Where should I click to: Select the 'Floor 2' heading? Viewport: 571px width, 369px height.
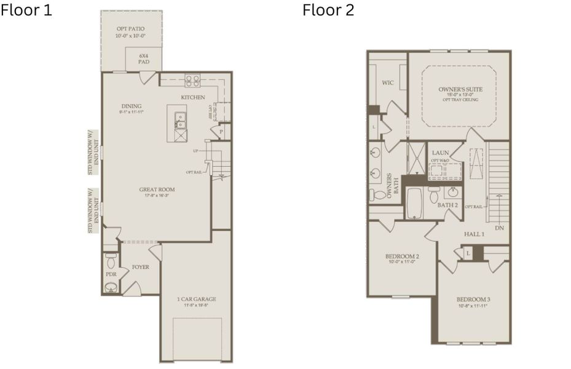(328, 10)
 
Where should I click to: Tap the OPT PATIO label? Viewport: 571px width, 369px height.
(132, 29)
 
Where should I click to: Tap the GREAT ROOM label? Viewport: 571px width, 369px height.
(157, 189)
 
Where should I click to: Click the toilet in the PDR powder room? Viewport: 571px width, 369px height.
(111, 259)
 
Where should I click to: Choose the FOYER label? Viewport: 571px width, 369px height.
(141, 267)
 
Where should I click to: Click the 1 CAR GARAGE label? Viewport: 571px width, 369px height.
(197, 300)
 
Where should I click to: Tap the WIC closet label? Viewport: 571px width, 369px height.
(387, 82)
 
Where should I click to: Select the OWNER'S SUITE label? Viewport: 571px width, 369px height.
(460, 89)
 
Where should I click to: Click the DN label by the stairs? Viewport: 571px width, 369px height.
(499, 228)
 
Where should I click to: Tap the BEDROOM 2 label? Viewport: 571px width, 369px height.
(402, 256)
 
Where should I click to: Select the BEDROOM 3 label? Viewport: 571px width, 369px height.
(473, 300)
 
